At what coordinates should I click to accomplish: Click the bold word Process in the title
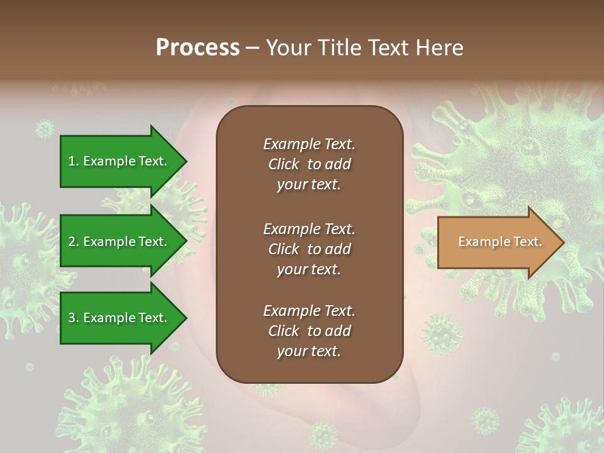point(198,48)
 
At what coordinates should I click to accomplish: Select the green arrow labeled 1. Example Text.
point(120,161)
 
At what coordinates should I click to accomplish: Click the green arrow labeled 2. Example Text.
point(120,242)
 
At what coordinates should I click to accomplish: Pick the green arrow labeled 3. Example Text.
point(120,318)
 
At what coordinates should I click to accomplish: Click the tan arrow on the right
point(497,242)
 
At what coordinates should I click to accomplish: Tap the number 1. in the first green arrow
point(74,161)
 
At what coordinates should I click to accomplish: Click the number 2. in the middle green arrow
point(74,242)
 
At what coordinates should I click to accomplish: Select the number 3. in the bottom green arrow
point(74,318)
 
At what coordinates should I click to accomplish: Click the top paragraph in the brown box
point(309,164)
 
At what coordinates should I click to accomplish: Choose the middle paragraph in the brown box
point(309,249)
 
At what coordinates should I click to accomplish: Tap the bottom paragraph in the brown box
point(309,331)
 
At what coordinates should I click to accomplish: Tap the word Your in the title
point(287,48)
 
